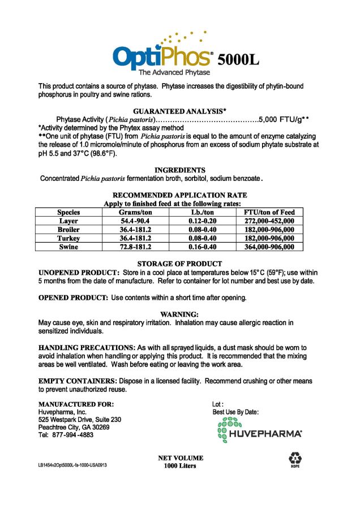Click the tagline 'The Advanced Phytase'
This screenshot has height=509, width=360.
pyautogui.click(x=174, y=73)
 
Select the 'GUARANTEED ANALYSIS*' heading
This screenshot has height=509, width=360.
pyautogui.click(x=179, y=111)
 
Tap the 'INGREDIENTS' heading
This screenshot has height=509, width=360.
pyautogui.click(x=180, y=170)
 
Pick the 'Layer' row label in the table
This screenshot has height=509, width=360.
pyautogui.click(x=68, y=221)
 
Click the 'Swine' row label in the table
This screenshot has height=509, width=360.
pyautogui.click(x=68, y=247)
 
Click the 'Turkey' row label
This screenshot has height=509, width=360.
pyautogui.click(x=68, y=238)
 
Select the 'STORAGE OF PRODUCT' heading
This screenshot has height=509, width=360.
pyautogui.click(x=179, y=264)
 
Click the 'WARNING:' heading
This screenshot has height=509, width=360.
pyautogui.click(x=179, y=314)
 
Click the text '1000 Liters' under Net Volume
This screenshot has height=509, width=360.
pyautogui.click(x=180, y=465)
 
